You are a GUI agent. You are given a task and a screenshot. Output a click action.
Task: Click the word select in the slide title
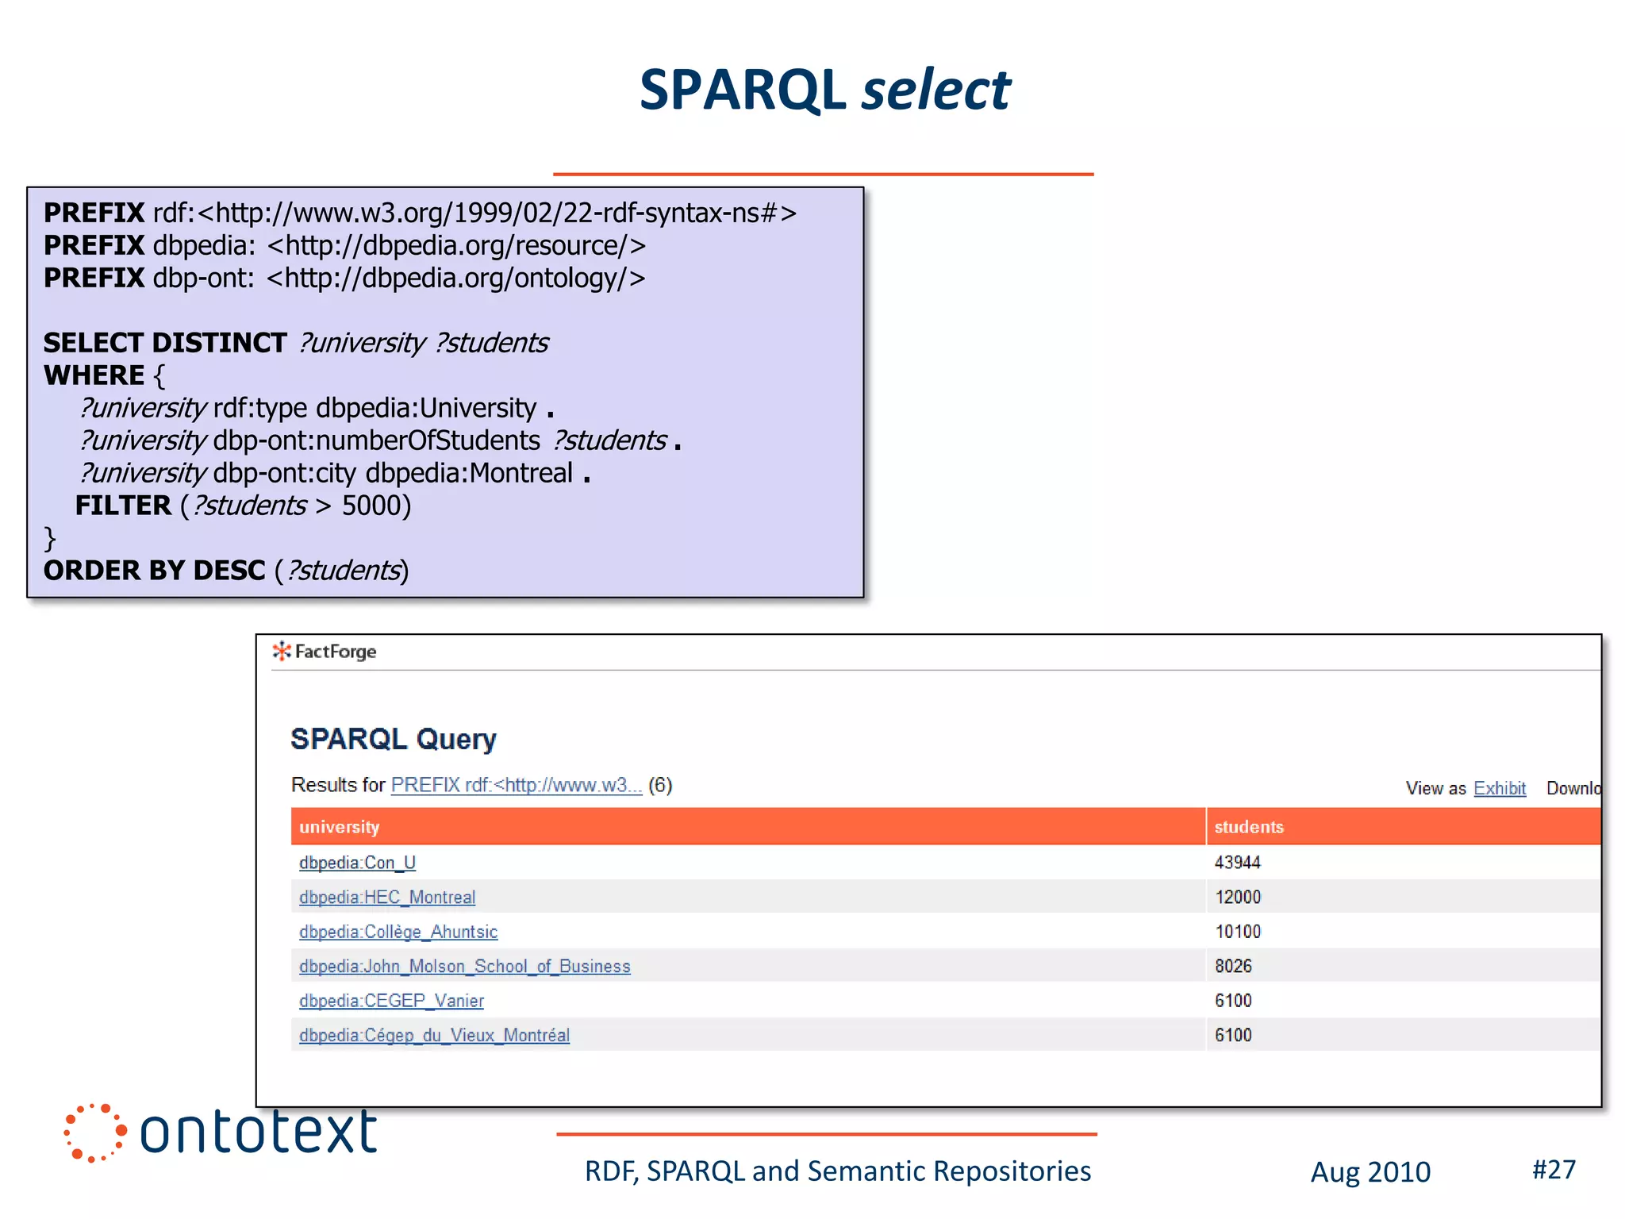936,90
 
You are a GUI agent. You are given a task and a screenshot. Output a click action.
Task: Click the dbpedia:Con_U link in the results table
357,863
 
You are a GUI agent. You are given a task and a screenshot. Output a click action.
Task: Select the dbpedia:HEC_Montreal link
387,898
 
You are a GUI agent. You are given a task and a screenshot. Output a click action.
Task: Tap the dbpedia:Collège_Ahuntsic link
398,932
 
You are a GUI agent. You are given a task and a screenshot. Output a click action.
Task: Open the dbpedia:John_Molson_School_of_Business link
464,967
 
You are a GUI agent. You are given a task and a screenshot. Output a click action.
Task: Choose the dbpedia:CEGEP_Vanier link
391,1001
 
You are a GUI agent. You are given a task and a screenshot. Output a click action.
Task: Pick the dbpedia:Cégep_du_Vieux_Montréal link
434,1036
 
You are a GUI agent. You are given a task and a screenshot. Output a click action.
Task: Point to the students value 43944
1237,863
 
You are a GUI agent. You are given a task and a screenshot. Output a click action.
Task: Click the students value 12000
1237,898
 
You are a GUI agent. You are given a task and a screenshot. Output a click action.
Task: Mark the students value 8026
1233,967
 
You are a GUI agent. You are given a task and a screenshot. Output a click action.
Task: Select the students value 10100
1237,932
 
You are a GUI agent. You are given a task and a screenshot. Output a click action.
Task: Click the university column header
339,827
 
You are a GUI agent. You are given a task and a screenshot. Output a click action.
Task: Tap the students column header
1248,827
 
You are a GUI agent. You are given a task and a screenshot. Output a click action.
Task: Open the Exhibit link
1499,788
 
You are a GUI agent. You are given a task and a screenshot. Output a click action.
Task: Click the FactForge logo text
335,652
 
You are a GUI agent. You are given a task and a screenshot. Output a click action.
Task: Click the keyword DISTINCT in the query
220,343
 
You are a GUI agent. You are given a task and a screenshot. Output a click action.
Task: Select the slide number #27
1553,1169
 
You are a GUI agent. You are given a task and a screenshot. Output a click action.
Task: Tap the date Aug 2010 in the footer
1370,1172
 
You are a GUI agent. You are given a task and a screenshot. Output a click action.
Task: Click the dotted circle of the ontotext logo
94,1132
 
